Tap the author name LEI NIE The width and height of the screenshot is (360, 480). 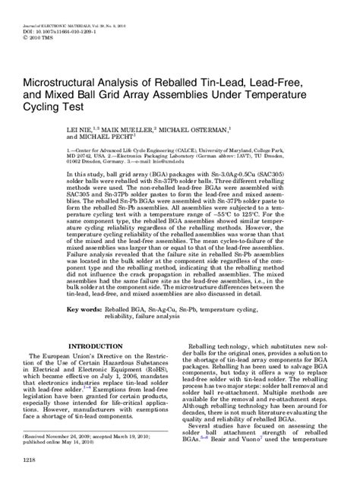pos(102,131)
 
